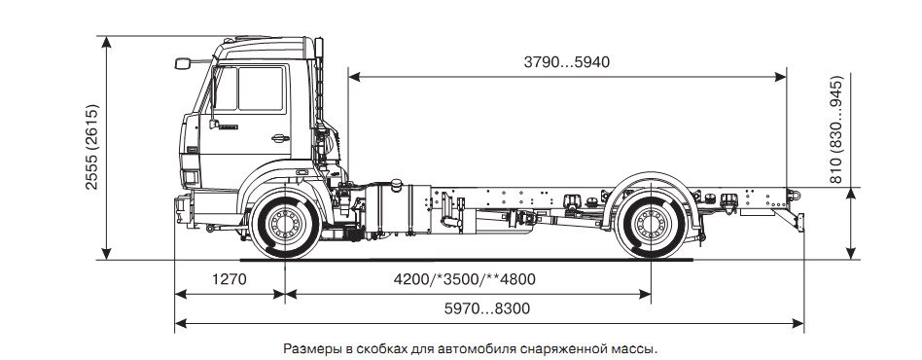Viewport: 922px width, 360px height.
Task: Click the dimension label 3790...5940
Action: click(566, 61)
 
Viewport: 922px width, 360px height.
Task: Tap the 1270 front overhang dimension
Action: click(230, 278)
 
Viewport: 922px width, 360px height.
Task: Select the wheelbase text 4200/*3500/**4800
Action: click(465, 278)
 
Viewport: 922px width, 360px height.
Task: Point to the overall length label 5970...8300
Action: click(487, 308)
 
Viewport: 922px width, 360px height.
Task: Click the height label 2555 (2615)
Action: click(92, 147)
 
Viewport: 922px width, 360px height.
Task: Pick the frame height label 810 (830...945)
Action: click(836, 129)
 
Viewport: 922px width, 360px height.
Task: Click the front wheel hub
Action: click(285, 225)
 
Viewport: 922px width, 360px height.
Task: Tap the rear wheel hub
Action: click(651, 225)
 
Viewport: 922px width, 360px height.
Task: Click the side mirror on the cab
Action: click(182, 63)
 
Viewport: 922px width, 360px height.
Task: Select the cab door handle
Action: click(280, 138)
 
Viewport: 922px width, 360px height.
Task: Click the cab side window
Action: click(261, 89)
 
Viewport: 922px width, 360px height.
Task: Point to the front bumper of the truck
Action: click(184, 210)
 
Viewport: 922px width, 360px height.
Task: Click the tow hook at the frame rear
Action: click(794, 195)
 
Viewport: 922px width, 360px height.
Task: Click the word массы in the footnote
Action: click(636, 349)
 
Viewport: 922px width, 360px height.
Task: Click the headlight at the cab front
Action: click(190, 176)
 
